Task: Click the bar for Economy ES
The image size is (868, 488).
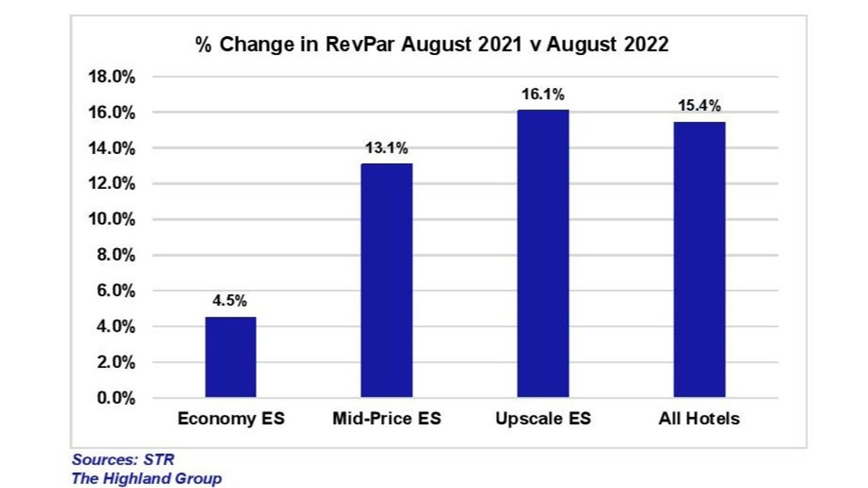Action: (230, 358)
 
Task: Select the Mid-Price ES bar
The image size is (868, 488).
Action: (386, 281)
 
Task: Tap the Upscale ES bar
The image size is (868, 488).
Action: (543, 254)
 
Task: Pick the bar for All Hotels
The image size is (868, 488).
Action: (699, 260)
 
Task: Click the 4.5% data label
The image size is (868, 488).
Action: (230, 302)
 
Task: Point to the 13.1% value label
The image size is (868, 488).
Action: (386, 148)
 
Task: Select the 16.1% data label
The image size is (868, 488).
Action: (543, 94)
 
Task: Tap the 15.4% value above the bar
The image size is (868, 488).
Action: (699, 107)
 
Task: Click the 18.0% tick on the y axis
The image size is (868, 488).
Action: (110, 77)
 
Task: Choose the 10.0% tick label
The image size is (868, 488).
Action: (110, 220)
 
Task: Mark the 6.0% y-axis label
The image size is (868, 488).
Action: (113, 291)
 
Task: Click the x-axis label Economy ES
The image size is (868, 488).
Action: (231, 419)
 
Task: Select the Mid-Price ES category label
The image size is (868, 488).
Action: (386, 419)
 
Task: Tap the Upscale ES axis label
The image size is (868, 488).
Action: (543, 419)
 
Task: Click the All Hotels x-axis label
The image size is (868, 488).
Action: (699, 419)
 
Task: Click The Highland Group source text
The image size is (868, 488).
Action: (146, 478)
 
